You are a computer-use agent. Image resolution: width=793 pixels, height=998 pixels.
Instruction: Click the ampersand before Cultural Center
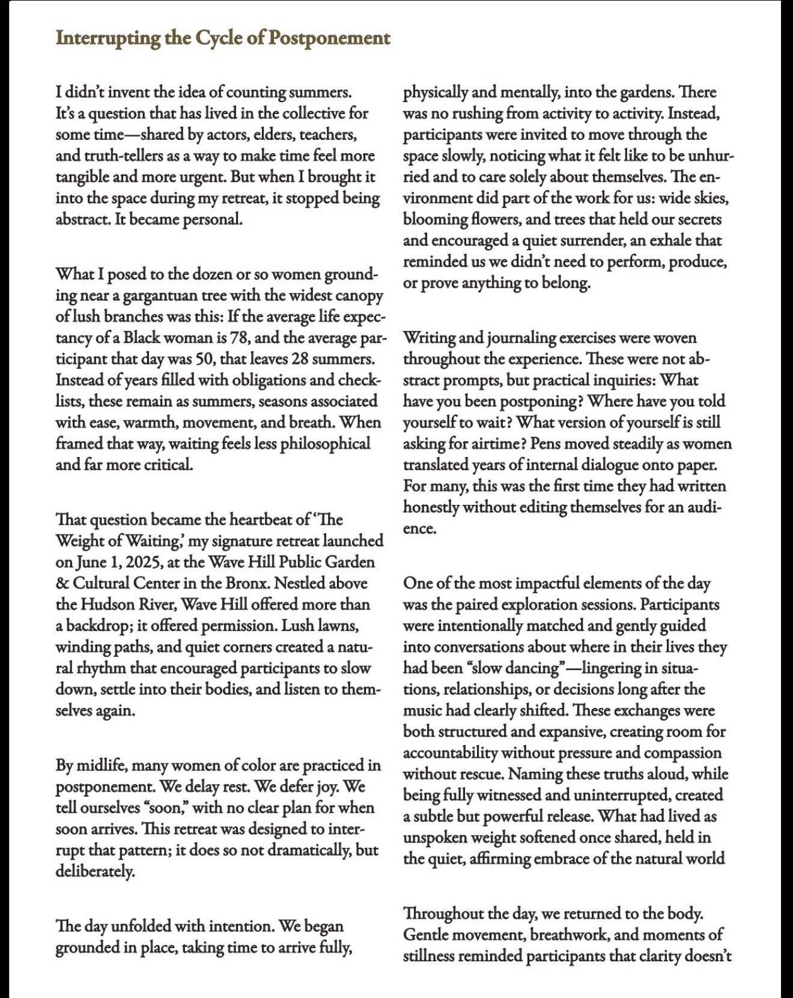pos(62,583)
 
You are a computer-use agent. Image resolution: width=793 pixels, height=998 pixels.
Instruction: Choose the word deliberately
pos(95,871)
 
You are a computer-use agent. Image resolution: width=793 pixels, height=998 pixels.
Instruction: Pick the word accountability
pos(450,753)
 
